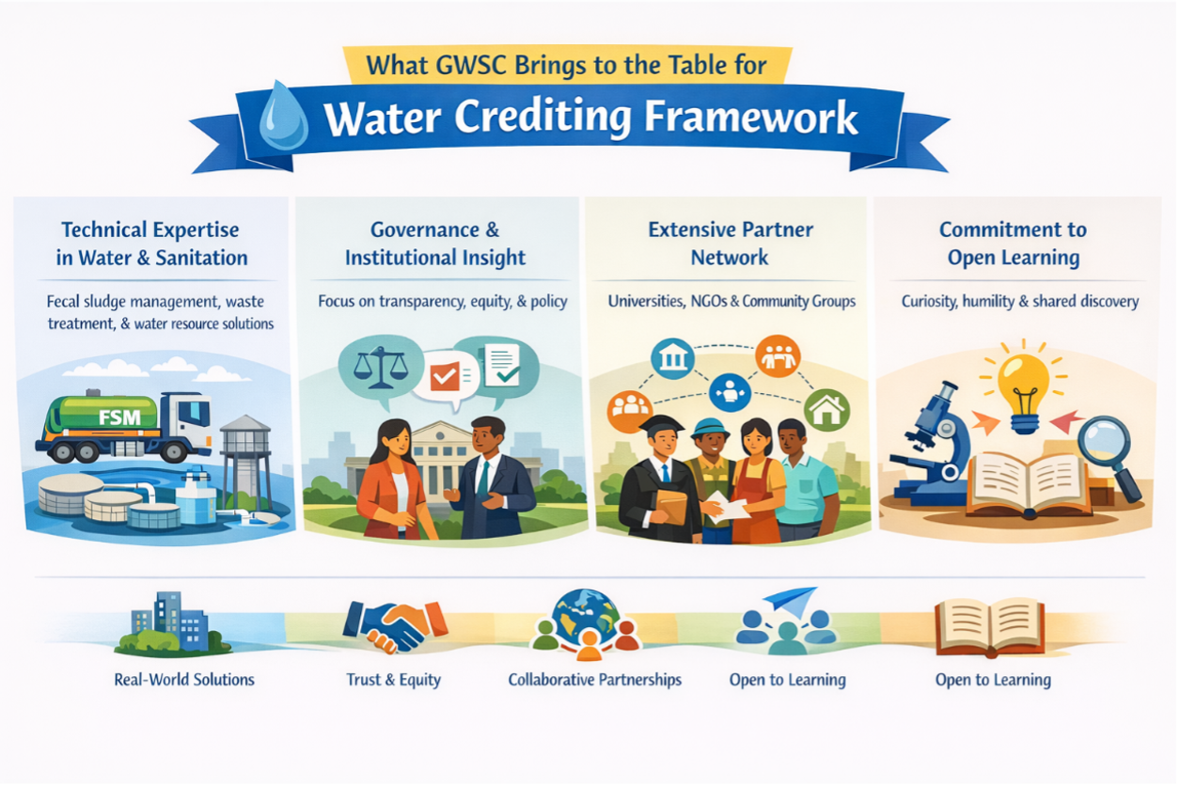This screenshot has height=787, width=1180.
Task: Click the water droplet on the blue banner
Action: click(283, 117)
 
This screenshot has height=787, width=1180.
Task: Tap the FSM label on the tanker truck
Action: click(120, 417)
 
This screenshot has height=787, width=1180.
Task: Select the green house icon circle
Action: click(826, 410)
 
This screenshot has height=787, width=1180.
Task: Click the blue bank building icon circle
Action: click(672, 359)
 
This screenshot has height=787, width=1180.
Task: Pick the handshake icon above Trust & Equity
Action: click(396, 626)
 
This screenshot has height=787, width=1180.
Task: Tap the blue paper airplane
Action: click(790, 602)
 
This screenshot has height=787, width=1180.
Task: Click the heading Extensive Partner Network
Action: click(731, 244)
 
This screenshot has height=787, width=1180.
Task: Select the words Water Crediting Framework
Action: click(591, 118)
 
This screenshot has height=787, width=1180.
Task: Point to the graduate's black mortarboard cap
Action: click(660, 425)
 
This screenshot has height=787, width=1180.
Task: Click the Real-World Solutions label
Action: click(184, 680)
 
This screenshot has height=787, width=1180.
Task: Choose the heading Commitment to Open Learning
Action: click(1013, 244)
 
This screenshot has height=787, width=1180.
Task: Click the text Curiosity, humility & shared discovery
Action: click(1020, 301)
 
